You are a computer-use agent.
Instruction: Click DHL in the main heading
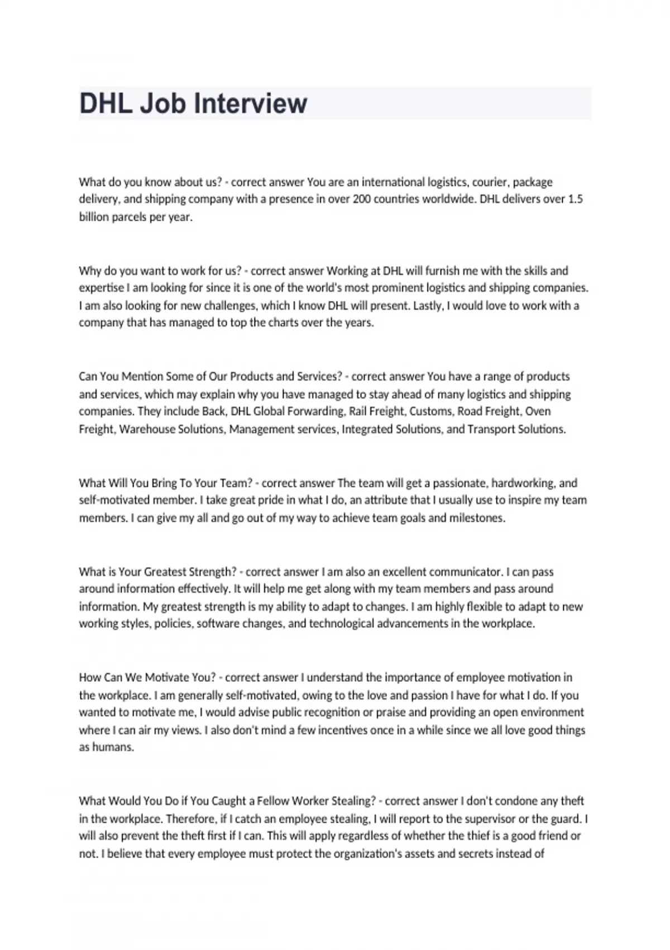click(x=106, y=104)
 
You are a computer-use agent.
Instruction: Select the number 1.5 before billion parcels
click(x=575, y=199)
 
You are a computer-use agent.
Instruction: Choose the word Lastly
click(x=427, y=306)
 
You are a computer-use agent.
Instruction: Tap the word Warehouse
click(x=147, y=429)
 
